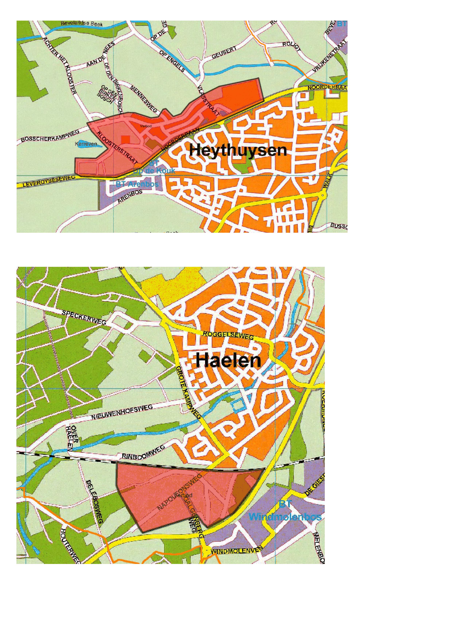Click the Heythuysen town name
(238, 150)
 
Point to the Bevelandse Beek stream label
(82, 24)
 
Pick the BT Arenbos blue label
(137, 184)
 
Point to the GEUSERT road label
(224, 53)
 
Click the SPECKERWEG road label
(84, 317)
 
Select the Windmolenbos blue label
(285, 517)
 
